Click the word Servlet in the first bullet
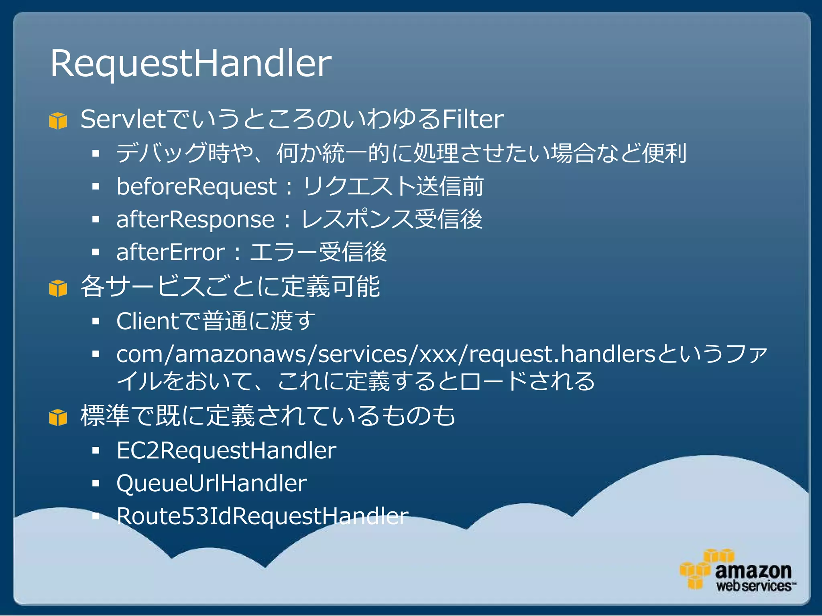(123, 120)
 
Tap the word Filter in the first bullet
(472, 120)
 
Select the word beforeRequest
(196, 187)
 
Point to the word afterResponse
(195, 220)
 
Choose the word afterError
(171, 253)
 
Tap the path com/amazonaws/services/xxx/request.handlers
(385, 355)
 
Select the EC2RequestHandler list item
(226, 450)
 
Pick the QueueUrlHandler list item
(212, 483)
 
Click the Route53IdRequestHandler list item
(262, 516)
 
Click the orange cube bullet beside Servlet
(58, 121)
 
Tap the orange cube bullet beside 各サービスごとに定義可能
(58, 288)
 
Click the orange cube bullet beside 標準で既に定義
(58, 417)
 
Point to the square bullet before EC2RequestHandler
(96, 451)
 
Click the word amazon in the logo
(753, 570)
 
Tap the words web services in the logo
(754, 586)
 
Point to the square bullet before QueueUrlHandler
(96, 484)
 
